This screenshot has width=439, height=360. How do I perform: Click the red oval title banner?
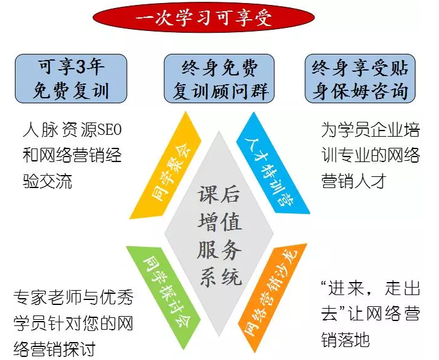point(204,18)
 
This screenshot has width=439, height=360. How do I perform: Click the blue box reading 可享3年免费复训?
point(71,79)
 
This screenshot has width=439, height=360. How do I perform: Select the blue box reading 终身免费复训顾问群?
point(219,79)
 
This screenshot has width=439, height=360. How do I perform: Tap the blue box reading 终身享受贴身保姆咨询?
point(360,79)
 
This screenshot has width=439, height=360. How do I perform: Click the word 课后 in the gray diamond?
point(219,194)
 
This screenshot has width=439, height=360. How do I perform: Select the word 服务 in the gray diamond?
point(219,250)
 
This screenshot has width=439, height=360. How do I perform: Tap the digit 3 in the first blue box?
point(80,67)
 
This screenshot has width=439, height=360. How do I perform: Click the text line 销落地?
point(346,340)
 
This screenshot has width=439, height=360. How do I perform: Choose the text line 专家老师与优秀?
point(73,298)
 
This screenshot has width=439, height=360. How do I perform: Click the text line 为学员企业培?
point(370,130)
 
